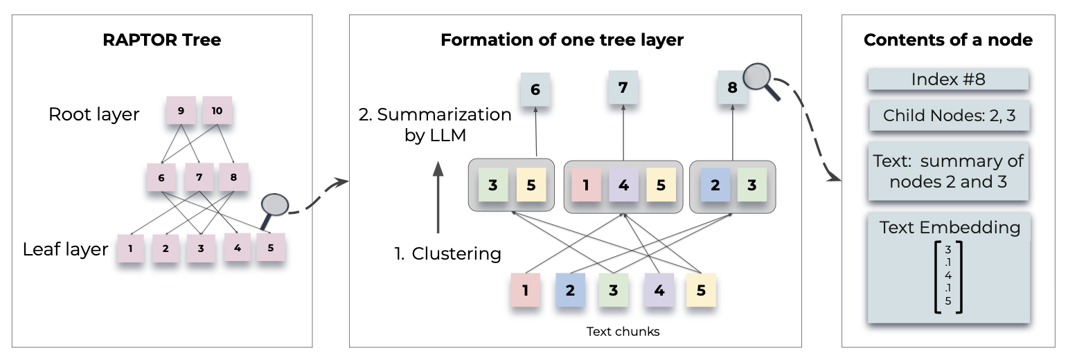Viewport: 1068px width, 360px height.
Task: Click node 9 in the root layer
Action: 181,111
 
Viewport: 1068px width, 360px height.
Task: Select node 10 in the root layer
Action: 217,111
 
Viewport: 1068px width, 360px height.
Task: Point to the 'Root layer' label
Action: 94,114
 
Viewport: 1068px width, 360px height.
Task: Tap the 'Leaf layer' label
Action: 65,249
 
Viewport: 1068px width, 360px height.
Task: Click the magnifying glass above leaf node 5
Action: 275,206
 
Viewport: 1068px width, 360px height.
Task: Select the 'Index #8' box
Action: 947,80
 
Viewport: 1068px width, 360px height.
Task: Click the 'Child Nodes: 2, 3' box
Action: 947,116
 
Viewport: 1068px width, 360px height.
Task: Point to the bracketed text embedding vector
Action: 948,276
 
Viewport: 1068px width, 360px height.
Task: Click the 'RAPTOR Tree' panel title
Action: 161,39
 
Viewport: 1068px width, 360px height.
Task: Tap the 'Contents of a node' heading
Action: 947,39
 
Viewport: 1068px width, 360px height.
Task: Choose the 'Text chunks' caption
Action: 623,332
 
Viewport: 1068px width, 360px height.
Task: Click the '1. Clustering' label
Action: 447,254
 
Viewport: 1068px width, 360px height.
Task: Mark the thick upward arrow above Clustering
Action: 437,197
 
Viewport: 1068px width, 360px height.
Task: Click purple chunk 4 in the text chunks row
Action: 659,290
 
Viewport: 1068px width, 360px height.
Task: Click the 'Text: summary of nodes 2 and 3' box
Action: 947,172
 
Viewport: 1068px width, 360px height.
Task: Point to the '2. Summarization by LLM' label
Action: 435,125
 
